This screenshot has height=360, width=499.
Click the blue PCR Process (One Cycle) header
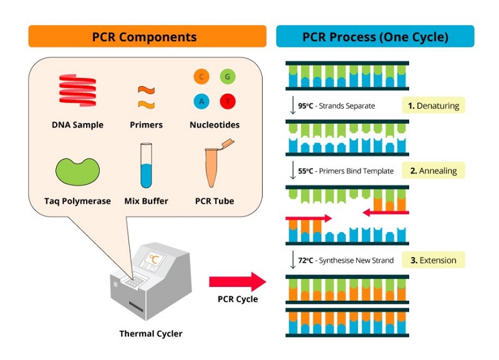click(x=375, y=36)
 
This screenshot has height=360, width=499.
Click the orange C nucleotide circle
click(x=201, y=77)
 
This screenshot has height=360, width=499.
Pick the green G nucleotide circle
click(x=228, y=77)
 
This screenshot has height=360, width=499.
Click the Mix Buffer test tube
click(x=146, y=166)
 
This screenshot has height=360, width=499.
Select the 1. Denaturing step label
click(x=434, y=105)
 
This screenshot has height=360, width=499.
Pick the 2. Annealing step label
click(x=434, y=170)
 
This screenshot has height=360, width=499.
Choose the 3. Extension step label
click(x=434, y=260)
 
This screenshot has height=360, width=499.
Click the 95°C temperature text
click(x=306, y=106)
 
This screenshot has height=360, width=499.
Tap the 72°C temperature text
click(x=306, y=260)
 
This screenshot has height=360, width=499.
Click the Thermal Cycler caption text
click(x=151, y=334)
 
